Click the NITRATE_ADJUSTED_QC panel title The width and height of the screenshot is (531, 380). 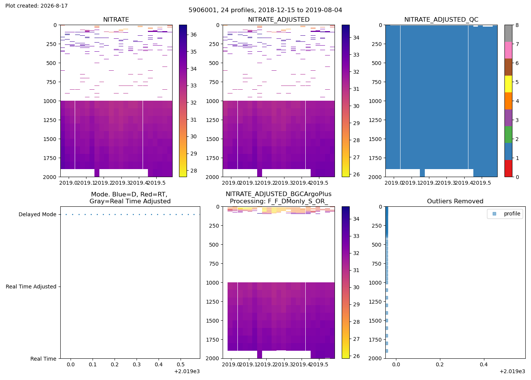click(x=441, y=19)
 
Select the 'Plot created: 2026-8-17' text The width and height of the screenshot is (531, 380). click(x=36, y=6)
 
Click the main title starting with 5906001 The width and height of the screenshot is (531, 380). click(x=265, y=10)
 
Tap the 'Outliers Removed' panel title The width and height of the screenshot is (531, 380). click(x=455, y=201)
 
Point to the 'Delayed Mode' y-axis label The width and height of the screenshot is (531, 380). click(x=38, y=214)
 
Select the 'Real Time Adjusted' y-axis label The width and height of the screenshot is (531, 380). click(x=31, y=287)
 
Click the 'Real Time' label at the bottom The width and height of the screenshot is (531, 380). click(x=43, y=359)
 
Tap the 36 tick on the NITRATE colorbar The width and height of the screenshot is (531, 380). click(x=193, y=35)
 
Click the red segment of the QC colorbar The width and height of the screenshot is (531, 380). click(x=508, y=168)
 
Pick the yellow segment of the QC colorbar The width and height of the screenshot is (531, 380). click(x=508, y=84)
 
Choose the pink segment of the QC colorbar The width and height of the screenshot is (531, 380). click(x=508, y=50)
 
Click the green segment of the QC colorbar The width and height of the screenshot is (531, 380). click(x=508, y=135)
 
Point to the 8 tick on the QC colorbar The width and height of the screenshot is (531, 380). click(x=517, y=25)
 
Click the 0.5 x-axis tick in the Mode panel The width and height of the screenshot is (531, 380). click(x=181, y=364)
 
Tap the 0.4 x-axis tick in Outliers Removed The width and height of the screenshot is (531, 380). click(x=484, y=364)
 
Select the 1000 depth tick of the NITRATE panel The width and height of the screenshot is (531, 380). click(x=50, y=101)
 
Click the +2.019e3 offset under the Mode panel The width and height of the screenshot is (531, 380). click(x=187, y=372)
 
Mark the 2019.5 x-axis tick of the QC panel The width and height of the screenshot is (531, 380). click(x=482, y=183)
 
